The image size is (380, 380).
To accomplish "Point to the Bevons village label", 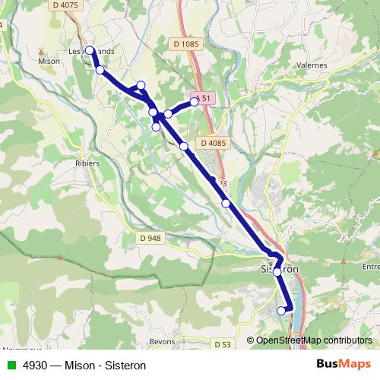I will click(x=163, y=340).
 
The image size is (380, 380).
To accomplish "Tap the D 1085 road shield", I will click(x=185, y=44).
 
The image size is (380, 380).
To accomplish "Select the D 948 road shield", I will click(x=150, y=238).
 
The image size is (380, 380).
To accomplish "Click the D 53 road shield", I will click(x=222, y=345).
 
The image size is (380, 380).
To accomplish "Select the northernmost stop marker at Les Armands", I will click(x=90, y=50).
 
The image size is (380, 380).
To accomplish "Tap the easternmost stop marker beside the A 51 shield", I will click(x=195, y=101).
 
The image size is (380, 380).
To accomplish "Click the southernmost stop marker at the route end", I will click(x=281, y=310).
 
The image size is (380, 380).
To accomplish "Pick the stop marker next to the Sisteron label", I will click(x=277, y=271).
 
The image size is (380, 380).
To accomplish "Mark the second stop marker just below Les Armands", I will click(x=100, y=70).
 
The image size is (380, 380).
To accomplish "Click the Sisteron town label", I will click(x=275, y=270).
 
